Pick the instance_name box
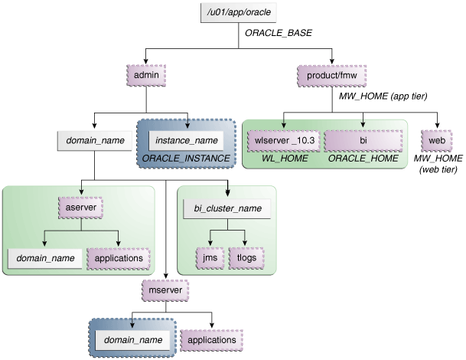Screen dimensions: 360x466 [x=188, y=141]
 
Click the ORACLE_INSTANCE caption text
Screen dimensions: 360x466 [x=182, y=159]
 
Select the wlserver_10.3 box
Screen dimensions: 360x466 [x=282, y=141]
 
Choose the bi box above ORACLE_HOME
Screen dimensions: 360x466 [x=363, y=141]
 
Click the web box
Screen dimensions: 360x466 [x=437, y=141]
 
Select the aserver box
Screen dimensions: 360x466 [x=80, y=206]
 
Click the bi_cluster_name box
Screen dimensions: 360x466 [x=227, y=207]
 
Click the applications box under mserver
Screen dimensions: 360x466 [x=211, y=339]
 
